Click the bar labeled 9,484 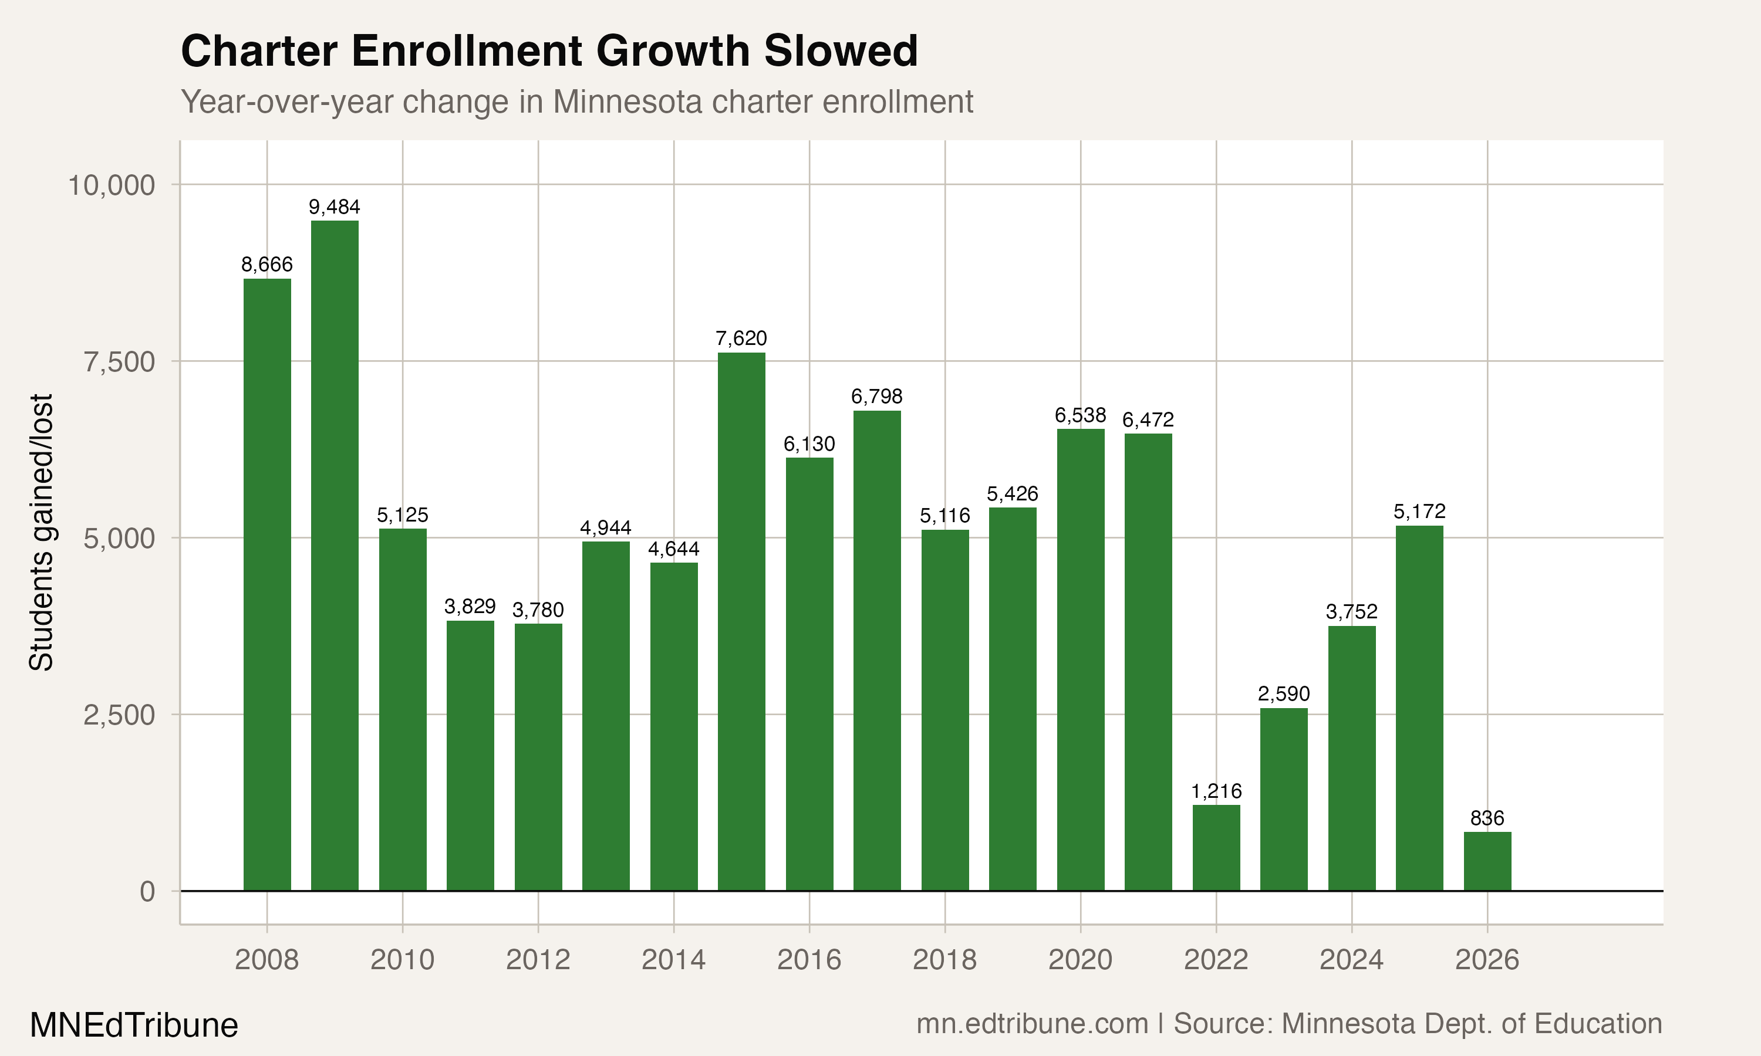[335, 555]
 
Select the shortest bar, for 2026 [1487, 861]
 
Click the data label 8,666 [267, 265]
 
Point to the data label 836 [1487, 818]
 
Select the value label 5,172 [1419, 512]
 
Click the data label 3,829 [470, 606]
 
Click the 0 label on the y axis [147, 891]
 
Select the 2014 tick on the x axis [673, 960]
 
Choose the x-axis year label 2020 [1080, 960]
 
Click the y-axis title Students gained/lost [41, 532]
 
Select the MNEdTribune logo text [134, 1025]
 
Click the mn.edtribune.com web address [1032, 1024]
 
